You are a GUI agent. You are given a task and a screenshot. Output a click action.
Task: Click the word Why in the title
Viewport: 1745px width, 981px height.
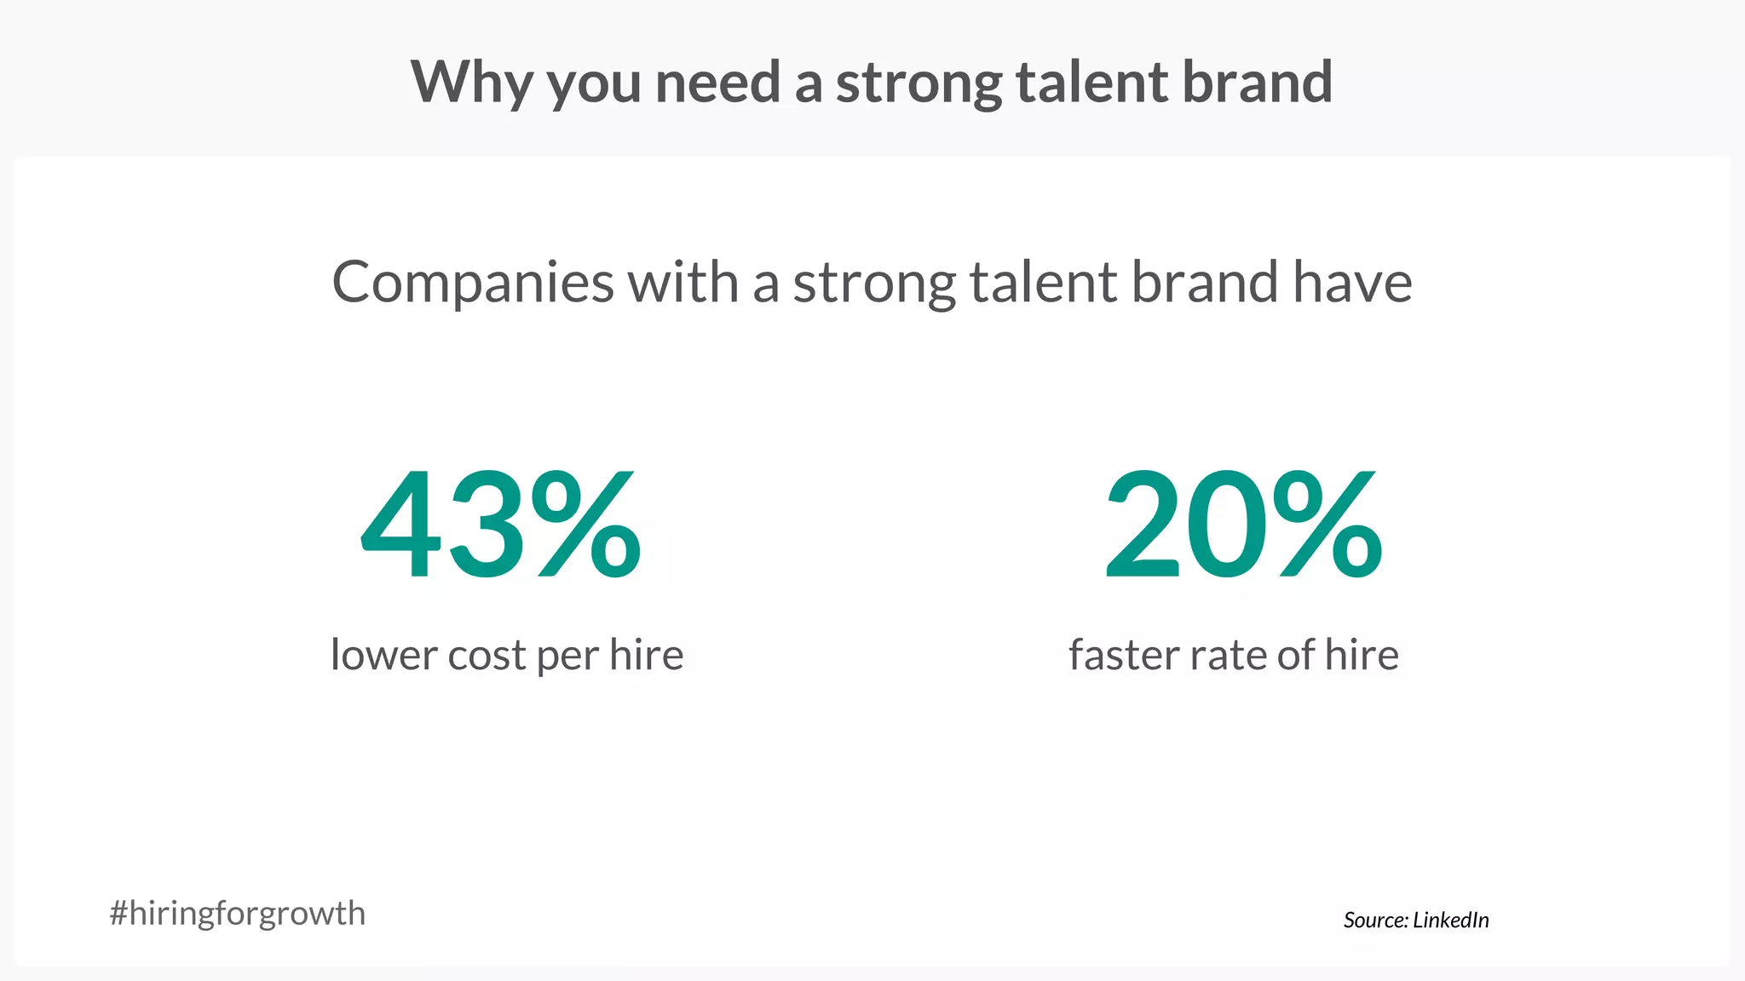[470, 83]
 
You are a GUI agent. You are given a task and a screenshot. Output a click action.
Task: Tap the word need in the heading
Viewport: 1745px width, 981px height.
[717, 83]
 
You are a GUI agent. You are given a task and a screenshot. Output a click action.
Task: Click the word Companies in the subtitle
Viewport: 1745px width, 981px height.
[472, 284]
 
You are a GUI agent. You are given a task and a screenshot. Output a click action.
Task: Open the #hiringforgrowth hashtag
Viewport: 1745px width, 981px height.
[238, 914]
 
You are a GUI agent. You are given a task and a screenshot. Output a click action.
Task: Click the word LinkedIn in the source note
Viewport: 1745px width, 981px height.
[1451, 920]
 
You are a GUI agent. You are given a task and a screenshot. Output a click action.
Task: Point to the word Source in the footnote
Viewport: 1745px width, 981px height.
[1375, 920]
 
